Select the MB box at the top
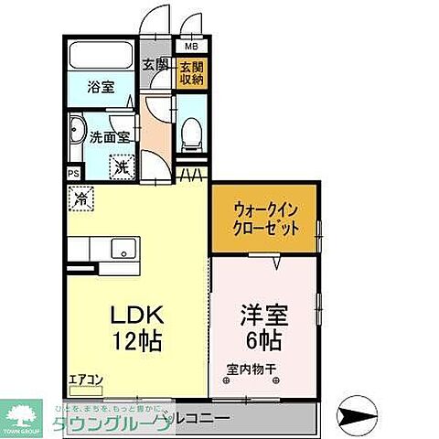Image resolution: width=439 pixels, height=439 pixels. [x=192, y=46]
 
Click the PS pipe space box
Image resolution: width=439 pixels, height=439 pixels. [x=72, y=172]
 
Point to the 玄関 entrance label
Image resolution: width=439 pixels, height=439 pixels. [x=155, y=64]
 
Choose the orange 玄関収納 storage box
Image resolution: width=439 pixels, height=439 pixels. [x=190, y=71]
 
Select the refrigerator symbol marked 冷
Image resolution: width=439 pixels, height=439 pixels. [x=80, y=196]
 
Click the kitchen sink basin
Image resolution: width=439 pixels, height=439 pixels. [x=121, y=247]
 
